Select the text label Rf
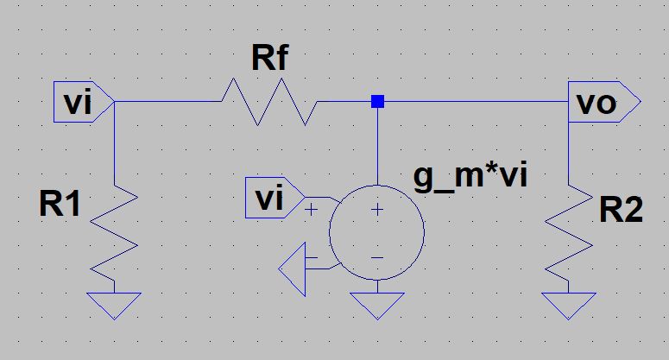click(270, 59)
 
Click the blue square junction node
click(377, 102)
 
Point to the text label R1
click(61, 205)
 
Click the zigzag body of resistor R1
click(115, 234)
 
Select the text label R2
click(621, 209)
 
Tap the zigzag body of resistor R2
click(569, 234)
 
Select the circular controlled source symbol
click(377, 232)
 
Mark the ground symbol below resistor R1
click(115, 304)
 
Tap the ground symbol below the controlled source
click(377, 304)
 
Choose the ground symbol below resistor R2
click(569, 304)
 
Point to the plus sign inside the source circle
click(377, 210)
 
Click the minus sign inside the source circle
click(377, 256)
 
